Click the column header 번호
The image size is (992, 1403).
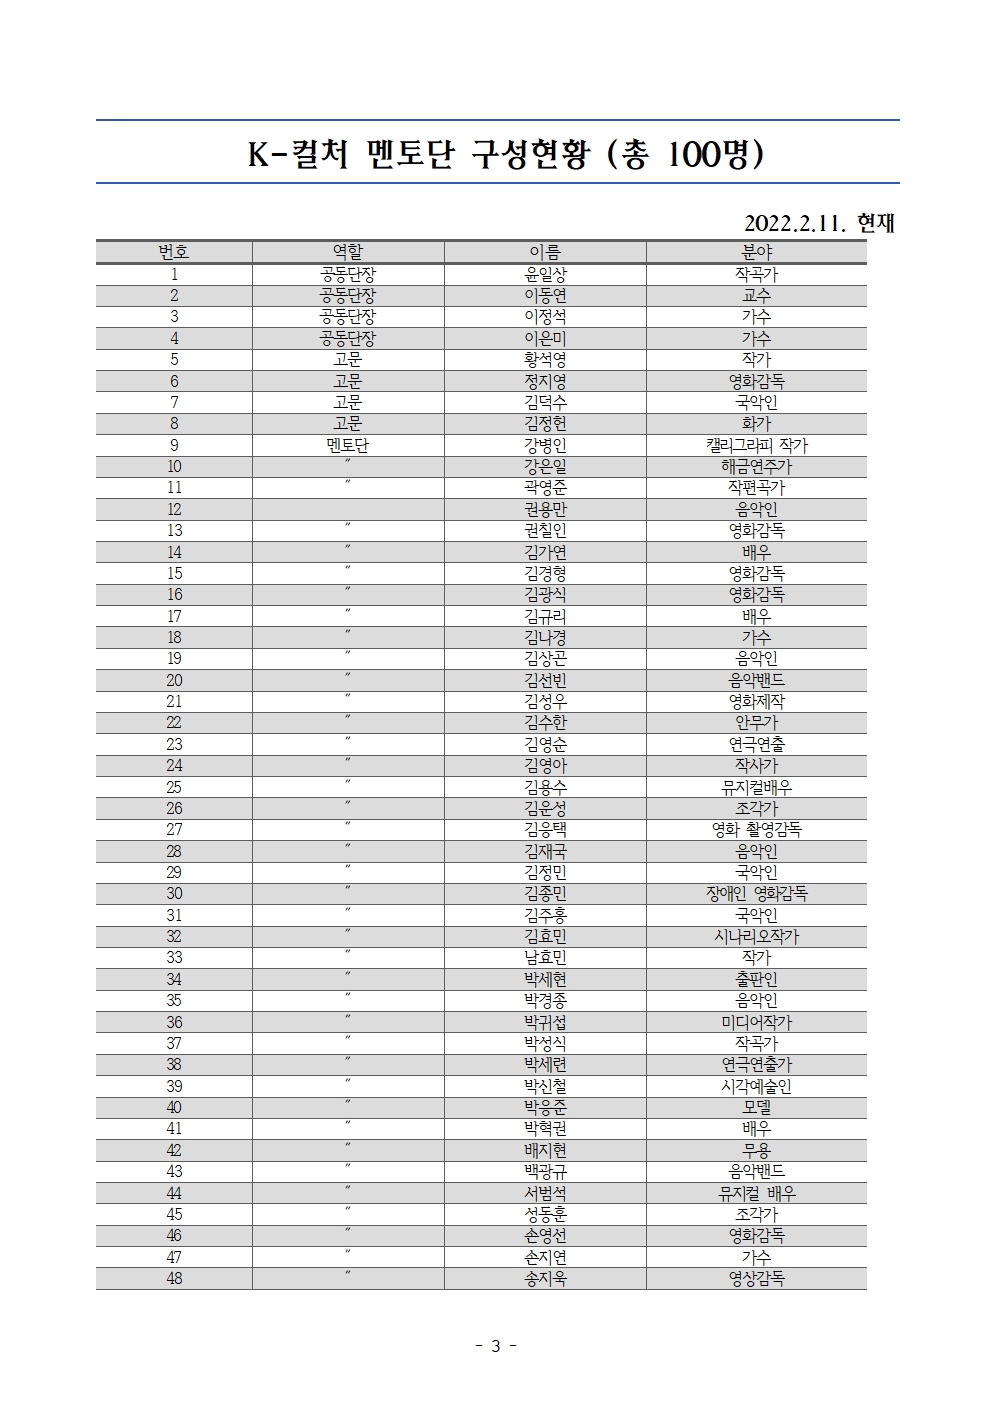coord(174,252)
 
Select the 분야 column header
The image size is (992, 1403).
coord(756,252)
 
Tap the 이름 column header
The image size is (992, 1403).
coord(545,252)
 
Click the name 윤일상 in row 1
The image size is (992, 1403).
coord(545,274)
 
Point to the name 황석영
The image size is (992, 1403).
coord(545,359)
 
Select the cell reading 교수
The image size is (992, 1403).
coord(756,295)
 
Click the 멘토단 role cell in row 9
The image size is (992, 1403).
coord(347,445)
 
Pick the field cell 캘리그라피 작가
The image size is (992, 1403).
coord(756,445)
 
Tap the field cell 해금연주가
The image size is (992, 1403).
coord(756,466)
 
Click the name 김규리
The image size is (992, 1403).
coord(545,616)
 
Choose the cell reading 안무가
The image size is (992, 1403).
coord(756,722)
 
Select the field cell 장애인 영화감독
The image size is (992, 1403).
coord(756,893)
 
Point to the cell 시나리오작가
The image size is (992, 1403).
coord(756,936)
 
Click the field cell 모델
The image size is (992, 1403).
coord(756,1107)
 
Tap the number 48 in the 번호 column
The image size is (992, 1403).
coord(174,1278)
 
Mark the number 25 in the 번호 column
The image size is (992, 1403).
coord(174,787)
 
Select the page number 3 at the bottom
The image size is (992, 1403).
coord(495,1346)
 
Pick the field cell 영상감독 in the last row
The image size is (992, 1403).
coord(756,1278)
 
